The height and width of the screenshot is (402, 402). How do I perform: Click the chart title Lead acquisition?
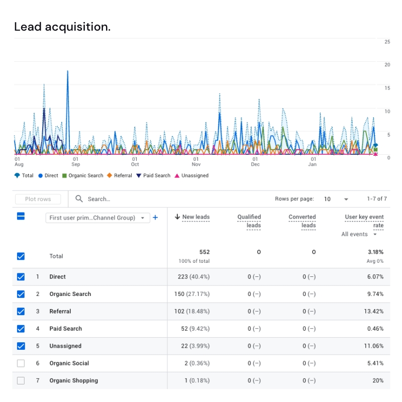(62, 27)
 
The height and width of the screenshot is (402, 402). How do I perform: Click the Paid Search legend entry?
(153, 176)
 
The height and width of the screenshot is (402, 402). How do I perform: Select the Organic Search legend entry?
(82, 176)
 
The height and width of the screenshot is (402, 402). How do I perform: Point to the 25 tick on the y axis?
(387, 42)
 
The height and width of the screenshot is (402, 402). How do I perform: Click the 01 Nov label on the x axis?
(196, 161)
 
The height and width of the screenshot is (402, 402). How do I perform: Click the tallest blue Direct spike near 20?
(67, 73)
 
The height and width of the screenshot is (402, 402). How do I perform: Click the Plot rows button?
(38, 199)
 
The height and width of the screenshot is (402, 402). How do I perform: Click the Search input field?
(151, 199)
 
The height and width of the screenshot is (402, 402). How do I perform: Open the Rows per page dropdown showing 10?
(336, 199)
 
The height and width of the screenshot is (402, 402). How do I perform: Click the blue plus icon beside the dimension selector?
(155, 218)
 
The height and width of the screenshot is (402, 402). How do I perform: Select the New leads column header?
(192, 217)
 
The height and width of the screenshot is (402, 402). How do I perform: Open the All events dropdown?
(359, 234)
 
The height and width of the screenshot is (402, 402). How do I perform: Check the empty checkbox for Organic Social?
(21, 363)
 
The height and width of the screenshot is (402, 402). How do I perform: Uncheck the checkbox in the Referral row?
(21, 311)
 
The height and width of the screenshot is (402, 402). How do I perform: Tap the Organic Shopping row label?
(73, 380)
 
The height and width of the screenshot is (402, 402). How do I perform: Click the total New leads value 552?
(204, 252)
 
